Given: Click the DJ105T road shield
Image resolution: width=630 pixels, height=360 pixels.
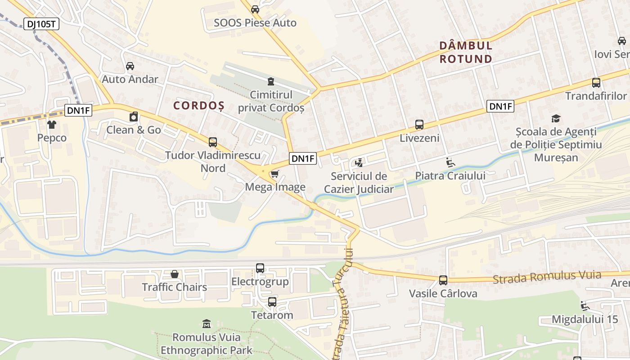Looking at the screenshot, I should pos(40,24).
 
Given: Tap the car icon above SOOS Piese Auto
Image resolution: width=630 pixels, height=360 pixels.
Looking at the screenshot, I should pos(255,9).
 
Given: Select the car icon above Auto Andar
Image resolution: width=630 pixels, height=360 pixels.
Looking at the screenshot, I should pos(130,66).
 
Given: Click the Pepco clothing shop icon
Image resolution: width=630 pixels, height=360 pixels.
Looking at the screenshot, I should pos(52,124).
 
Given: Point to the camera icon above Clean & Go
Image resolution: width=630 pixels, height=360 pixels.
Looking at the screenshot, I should pos(134,117).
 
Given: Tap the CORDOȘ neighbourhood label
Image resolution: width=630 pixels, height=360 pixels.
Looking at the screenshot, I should pos(198,106).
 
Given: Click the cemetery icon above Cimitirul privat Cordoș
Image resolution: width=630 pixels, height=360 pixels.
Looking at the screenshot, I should pos(270,81).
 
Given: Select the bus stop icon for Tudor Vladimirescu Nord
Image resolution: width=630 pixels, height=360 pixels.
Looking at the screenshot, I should pos(213,142).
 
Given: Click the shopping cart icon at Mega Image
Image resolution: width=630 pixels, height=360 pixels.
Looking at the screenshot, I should pos(274,174).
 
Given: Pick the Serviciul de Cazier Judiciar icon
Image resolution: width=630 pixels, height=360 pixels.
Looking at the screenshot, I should pos(359,162).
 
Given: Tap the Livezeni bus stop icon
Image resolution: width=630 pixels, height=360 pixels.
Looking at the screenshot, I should pos(419,125).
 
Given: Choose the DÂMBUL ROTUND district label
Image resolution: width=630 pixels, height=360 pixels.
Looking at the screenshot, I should pos(466,52).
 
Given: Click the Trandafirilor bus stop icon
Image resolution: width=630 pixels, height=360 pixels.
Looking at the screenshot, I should pos(596,83).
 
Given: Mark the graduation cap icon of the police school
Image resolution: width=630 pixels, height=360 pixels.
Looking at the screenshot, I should pos(556,118).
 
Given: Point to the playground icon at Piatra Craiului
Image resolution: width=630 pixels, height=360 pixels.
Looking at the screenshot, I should pos(450,162).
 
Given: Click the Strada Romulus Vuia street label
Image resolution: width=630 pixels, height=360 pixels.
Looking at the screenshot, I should pos(547,277).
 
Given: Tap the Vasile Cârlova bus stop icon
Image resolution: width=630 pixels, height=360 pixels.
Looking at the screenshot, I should pos(443,280).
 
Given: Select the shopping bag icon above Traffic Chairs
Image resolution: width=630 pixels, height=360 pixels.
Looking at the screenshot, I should pos(175,274).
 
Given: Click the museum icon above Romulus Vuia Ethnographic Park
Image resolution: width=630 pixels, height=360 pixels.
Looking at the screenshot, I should pos(207,324).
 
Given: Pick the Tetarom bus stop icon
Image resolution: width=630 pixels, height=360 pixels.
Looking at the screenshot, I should pos(272,302).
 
